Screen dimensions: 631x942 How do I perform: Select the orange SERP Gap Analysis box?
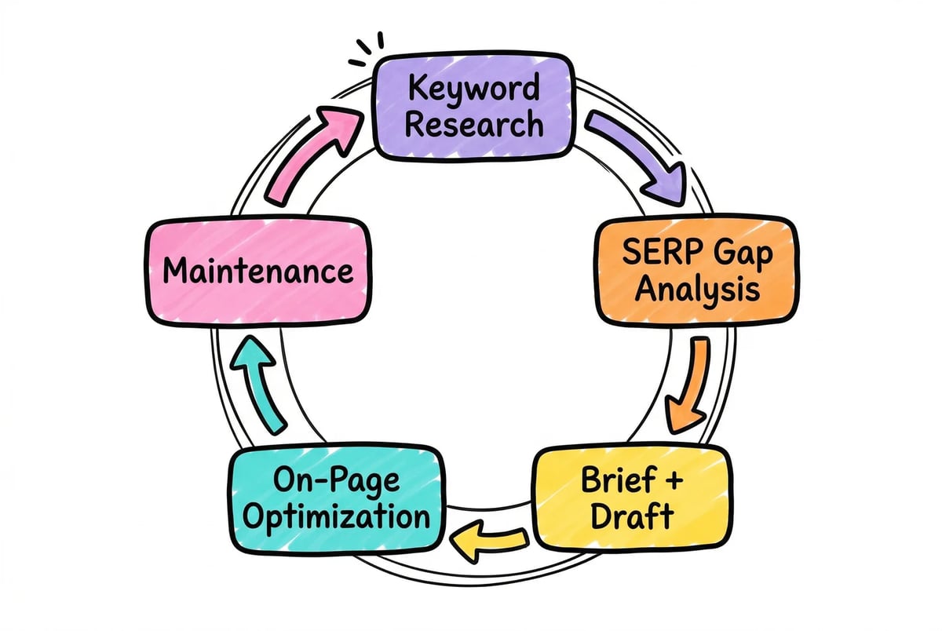pos(696,270)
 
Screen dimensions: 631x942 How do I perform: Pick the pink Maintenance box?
pos(257,272)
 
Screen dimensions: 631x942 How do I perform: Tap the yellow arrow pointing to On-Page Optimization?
pos(491,542)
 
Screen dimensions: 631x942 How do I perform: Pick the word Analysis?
pos(696,290)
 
